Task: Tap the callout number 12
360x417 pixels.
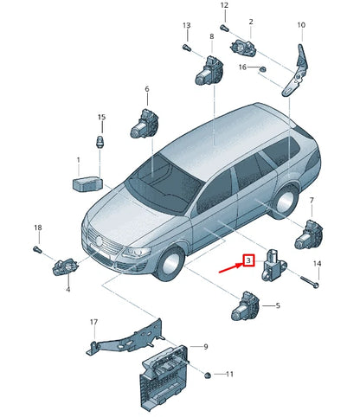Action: click(x=224, y=6)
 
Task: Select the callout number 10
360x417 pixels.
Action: click(x=300, y=26)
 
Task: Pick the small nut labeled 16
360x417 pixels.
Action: click(x=263, y=68)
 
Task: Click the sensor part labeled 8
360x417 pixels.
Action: click(x=208, y=67)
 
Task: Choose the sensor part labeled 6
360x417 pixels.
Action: click(x=142, y=123)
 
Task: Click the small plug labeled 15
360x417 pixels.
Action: click(x=101, y=141)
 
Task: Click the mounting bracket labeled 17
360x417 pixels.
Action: click(x=125, y=340)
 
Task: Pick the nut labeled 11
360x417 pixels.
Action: click(x=209, y=375)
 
